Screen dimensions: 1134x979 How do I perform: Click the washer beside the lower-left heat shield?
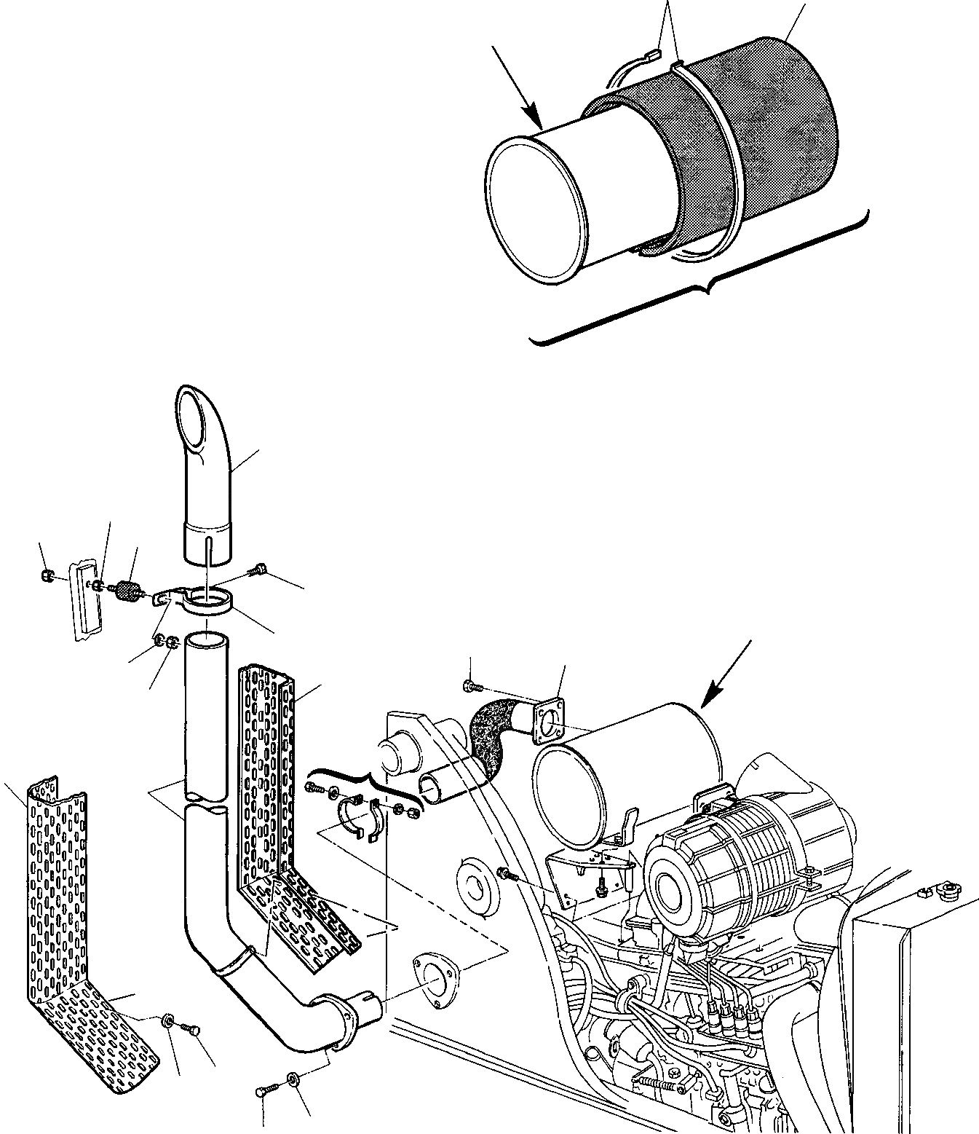(x=168, y=1022)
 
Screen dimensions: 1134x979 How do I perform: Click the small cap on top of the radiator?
(x=947, y=890)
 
